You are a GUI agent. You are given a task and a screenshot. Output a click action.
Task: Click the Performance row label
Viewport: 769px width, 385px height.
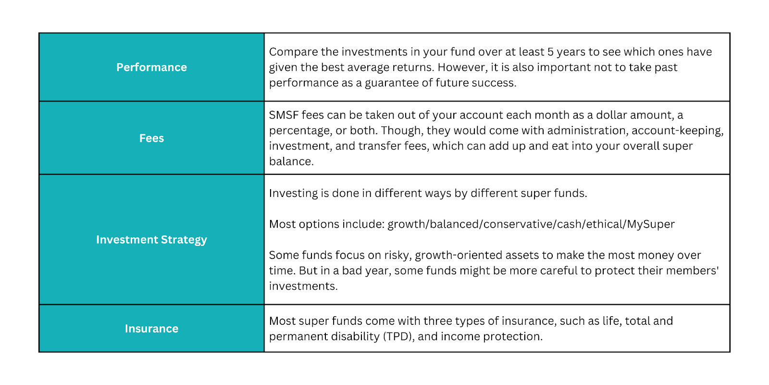pyautogui.click(x=151, y=67)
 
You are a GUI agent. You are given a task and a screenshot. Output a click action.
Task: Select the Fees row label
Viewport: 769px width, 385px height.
pyautogui.click(x=151, y=138)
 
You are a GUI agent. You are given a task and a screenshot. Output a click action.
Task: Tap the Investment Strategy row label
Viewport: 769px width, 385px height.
pyautogui.click(x=151, y=240)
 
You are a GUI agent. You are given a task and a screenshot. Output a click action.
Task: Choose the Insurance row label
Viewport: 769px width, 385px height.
pyautogui.click(x=151, y=329)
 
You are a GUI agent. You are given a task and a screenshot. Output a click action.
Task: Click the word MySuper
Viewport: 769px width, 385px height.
pyautogui.click(x=651, y=224)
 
